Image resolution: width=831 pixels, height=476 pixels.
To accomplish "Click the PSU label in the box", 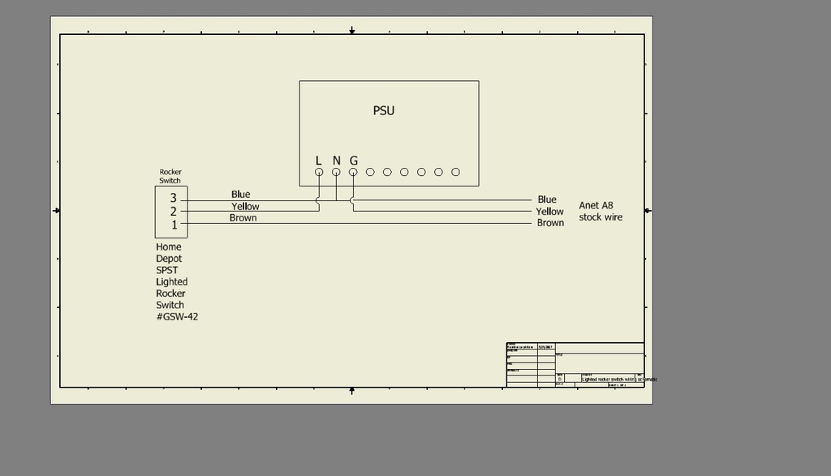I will (x=384, y=110).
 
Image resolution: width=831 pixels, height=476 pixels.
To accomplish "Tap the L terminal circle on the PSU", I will (x=319, y=172).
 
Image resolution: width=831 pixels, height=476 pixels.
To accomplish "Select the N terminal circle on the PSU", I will (x=336, y=172).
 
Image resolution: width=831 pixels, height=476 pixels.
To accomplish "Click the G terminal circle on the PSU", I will (x=353, y=172).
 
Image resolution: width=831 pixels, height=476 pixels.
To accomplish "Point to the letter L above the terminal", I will (x=319, y=161).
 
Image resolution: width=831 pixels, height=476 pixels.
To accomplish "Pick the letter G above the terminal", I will (x=354, y=161).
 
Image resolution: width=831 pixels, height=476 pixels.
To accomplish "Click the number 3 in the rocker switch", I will (x=173, y=198).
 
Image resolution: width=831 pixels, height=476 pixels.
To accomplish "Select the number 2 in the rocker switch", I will (x=173, y=212).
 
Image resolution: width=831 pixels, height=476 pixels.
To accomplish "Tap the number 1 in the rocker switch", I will (x=174, y=225).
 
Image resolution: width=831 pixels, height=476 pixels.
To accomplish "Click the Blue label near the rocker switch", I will (x=240, y=195).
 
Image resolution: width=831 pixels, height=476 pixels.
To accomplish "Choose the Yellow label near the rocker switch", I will (x=245, y=207).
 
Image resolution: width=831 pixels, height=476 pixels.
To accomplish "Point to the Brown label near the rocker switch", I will (x=243, y=218).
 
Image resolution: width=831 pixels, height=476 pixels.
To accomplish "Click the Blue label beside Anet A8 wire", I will (x=547, y=199).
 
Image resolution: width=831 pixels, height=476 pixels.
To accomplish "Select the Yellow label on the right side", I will (x=549, y=212).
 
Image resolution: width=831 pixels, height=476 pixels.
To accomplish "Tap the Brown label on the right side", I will (x=550, y=223).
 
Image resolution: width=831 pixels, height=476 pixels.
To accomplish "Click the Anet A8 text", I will (x=596, y=206).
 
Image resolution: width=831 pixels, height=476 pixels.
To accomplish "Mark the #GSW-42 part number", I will (x=177, y=317).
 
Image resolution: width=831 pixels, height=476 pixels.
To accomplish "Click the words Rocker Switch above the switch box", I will (x=170, y=176).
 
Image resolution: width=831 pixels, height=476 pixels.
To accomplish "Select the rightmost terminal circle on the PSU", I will (x=455, y=172).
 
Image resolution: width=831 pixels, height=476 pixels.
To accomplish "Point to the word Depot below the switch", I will (x=169, y=259).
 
